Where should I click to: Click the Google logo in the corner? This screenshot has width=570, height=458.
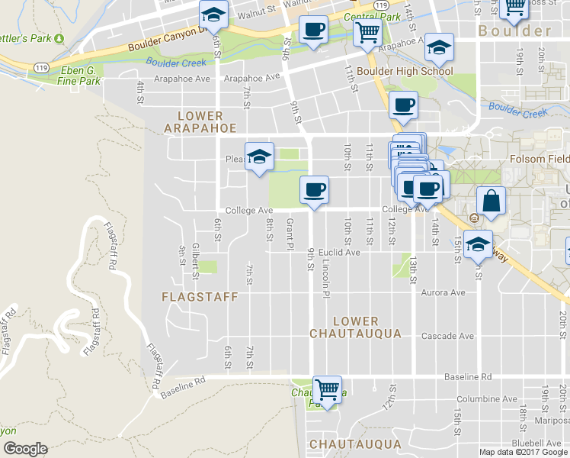(x=25, y=448)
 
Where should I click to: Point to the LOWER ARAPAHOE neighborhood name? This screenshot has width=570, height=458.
(x=200, y=121)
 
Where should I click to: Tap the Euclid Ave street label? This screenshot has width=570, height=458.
(x=339, y=252)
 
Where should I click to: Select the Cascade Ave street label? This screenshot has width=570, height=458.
(x=450, y=335)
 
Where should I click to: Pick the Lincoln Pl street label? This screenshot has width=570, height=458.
(x=326, y=278)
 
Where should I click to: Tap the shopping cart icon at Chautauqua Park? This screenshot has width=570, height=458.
(x=327, y=389)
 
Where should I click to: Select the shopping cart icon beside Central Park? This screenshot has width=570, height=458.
(x=367, y=33)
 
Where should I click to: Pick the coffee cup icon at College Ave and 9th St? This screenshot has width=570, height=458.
(x=313, y=189)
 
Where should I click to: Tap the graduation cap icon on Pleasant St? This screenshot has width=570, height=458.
(x=259, y=156)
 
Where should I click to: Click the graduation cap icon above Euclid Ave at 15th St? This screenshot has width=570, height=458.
(x=479, y=244)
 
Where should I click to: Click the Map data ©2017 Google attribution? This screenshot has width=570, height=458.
(x=524, y=452)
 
